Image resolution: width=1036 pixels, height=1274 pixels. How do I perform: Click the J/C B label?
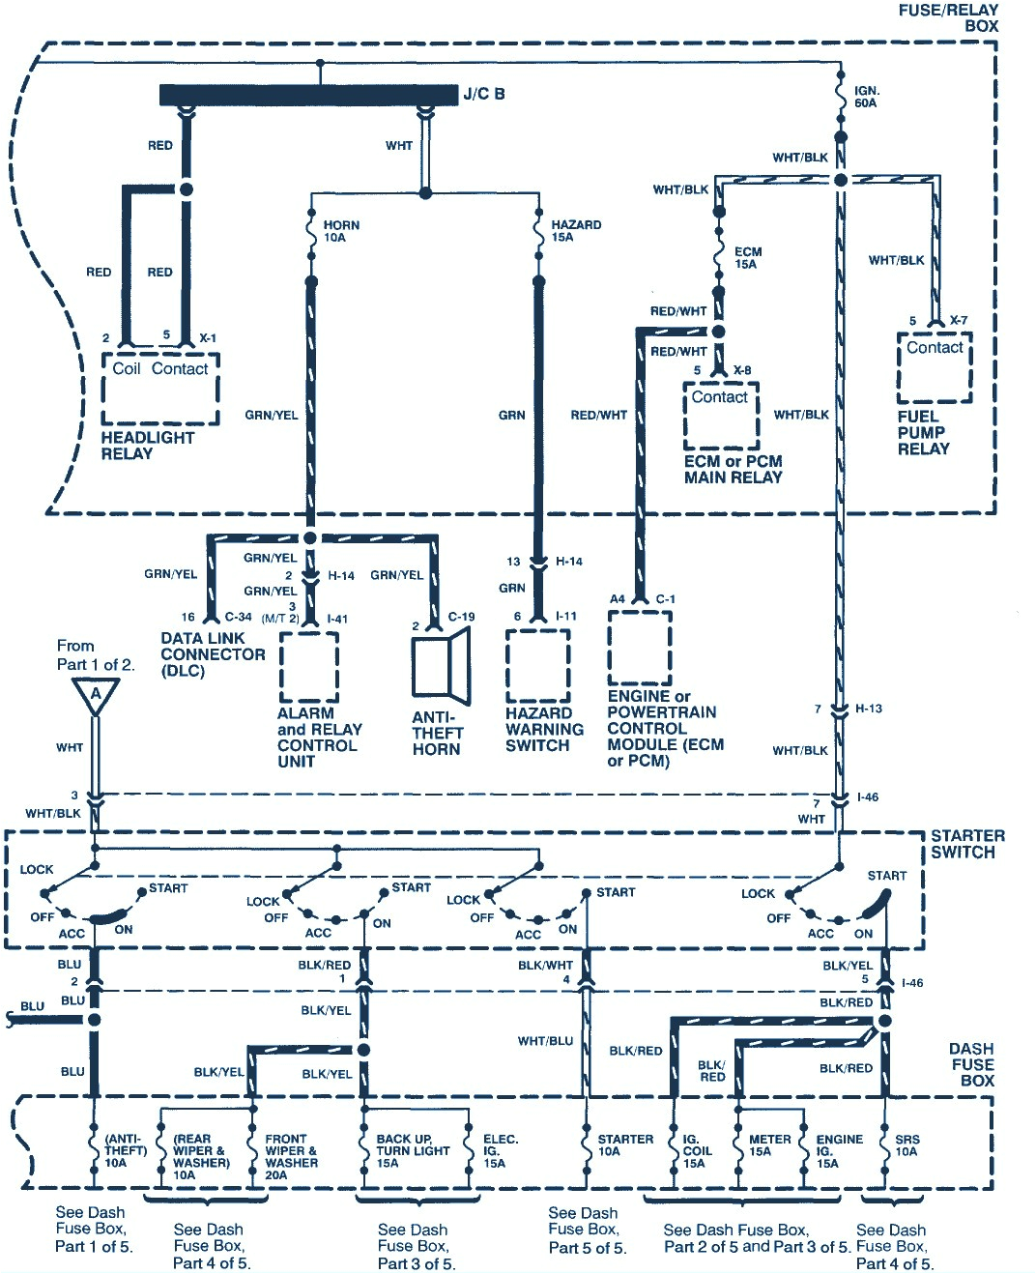pos(483,94)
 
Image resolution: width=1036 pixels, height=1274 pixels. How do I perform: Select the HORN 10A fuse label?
pos(340,231)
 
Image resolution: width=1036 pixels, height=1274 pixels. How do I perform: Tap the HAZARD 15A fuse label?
pos(575,231)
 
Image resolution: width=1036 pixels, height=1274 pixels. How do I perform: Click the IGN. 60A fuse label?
pos(866,97)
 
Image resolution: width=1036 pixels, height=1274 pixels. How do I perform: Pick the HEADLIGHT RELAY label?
pos(147,446)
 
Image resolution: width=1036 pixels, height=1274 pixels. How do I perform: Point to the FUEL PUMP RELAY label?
pos(923,433)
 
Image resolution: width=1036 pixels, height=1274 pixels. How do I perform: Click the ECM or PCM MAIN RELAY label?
pos(733,469)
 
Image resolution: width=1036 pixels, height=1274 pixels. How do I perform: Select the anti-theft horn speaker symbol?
pos(441,666)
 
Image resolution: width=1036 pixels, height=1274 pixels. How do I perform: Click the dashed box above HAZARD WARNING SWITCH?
pos(537,667)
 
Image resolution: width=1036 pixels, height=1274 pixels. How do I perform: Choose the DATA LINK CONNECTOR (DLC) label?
pos(212,654)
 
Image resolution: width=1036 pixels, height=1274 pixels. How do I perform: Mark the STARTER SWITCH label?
pos(966,844)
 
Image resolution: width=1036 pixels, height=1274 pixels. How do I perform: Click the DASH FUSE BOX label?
pos(971,1064)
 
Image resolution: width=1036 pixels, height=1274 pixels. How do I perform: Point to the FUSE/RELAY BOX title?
pos(948,17)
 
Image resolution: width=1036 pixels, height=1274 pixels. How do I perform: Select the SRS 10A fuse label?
pos(906,1145)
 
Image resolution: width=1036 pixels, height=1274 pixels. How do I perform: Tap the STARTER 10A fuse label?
pos(624,1145)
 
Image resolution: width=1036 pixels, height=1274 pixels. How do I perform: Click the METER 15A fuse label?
pos(769,1145)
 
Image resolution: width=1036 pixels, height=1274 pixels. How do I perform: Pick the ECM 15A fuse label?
pos(747,257)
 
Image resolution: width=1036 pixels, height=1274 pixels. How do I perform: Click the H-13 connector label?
pos(868,709)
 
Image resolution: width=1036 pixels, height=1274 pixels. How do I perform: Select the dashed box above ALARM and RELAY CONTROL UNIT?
pos(308,667)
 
